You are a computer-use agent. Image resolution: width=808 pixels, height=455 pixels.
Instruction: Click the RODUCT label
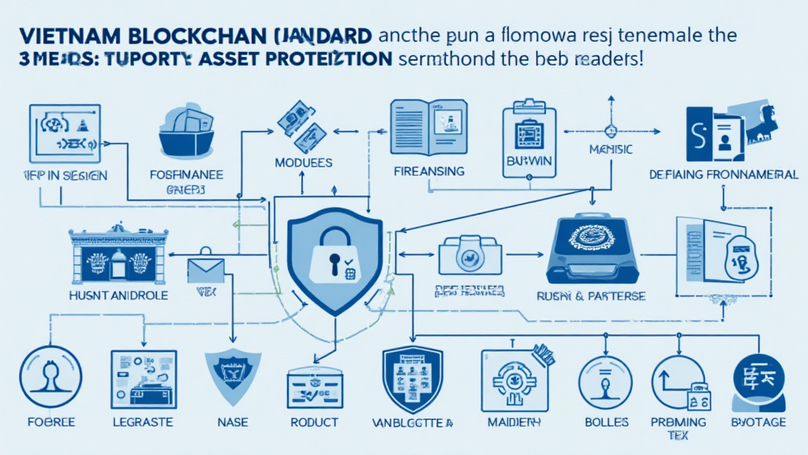click(313, 422)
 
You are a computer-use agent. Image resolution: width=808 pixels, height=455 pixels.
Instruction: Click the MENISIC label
click(610, 149)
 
